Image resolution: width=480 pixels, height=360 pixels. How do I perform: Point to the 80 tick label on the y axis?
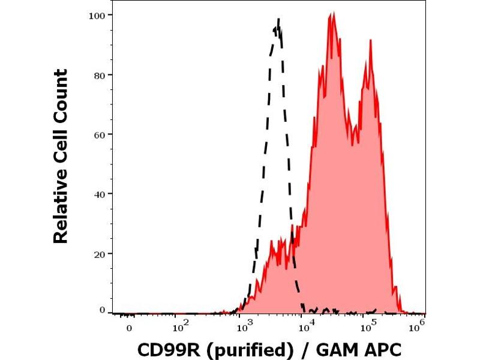[x=100, y=75]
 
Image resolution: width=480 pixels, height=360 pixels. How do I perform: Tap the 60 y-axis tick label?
[x=100, y=134]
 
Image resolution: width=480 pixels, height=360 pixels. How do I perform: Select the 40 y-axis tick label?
[x=100, y=194]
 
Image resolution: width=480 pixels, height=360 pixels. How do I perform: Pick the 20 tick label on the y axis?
[x=100, y=253]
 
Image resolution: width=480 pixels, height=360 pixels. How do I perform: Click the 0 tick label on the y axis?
[x=103, y=310]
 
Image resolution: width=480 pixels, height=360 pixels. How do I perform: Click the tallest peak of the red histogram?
[x=331, y=14]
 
